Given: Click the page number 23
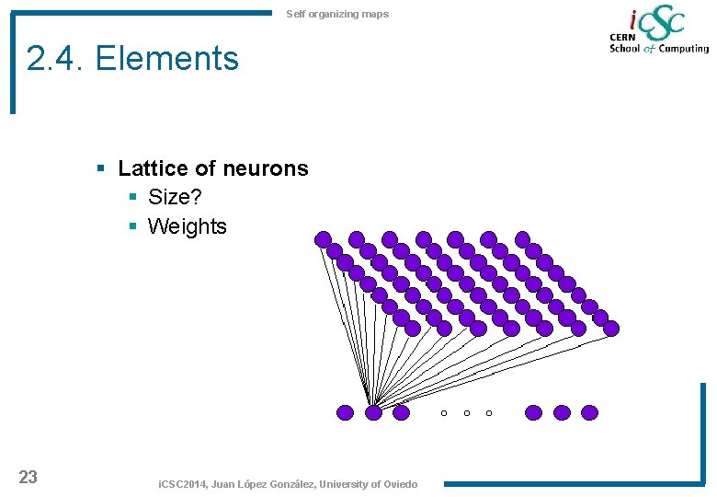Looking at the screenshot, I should [28, 477].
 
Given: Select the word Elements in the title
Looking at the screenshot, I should [166, 59].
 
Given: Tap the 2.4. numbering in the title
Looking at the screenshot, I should [56, 59].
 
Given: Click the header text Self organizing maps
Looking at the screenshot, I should [337, 14].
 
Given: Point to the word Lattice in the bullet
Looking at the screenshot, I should [152, 168].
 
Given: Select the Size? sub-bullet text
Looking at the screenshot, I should [175, 198].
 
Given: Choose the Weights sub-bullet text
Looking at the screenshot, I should [187, 226].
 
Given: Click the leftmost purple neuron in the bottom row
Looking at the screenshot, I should [346, 412].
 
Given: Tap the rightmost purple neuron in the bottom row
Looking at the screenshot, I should [589, 412].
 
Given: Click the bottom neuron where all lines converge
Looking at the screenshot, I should [373, 412].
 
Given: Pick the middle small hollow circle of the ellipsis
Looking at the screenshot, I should [466, 413].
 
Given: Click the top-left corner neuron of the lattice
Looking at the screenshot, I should [323, 239].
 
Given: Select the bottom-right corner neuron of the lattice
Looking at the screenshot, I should [611, 328].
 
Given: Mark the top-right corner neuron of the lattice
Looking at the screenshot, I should [522, 239].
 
